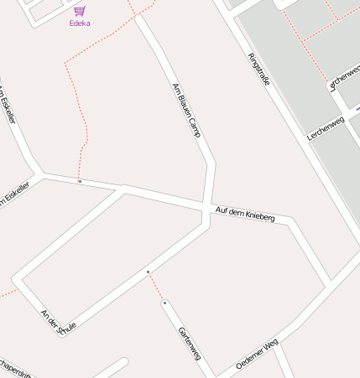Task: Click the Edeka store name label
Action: [80, 23]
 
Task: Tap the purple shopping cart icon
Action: [80, 11]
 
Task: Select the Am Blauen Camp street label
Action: [186, 110]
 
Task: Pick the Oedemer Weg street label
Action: [257, 355]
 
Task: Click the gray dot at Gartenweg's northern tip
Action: [165, 303]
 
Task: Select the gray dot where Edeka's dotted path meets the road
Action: [80, 181]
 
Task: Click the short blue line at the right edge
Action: [356, 109]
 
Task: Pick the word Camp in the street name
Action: [195, 126]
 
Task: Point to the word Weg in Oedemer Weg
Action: [270, 345]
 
